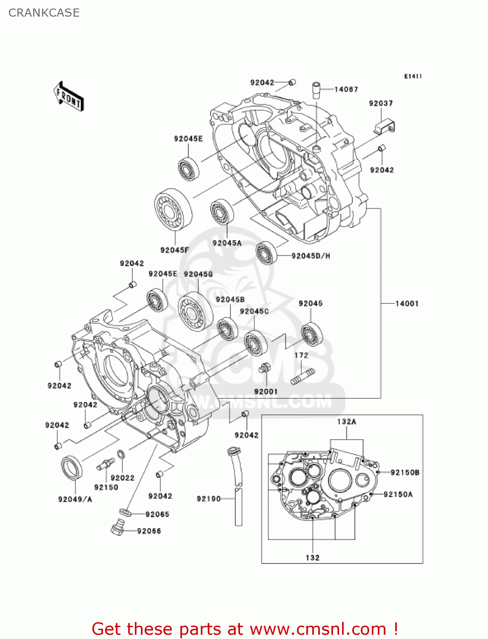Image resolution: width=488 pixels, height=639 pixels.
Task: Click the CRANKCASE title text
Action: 44,13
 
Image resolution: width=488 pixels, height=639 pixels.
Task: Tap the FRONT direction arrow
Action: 68,97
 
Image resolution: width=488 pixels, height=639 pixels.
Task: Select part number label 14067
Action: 346,89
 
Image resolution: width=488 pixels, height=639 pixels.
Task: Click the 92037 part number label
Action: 381,104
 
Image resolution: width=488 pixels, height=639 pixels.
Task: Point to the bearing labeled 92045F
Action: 173,210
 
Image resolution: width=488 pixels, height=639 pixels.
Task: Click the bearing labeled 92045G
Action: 195,311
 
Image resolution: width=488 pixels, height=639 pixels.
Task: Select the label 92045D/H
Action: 311,256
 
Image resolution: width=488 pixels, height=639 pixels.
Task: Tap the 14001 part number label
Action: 407,304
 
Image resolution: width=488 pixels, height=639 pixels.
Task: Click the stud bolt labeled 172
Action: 303,377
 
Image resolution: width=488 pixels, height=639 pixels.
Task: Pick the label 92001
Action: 265,391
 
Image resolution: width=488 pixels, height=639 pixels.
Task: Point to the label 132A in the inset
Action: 346,422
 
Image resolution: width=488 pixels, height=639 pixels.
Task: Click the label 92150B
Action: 405,472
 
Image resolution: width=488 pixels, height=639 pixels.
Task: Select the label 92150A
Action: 398,495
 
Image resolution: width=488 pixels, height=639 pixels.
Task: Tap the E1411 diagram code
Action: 413,76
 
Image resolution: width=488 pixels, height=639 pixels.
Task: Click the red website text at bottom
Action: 245,629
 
